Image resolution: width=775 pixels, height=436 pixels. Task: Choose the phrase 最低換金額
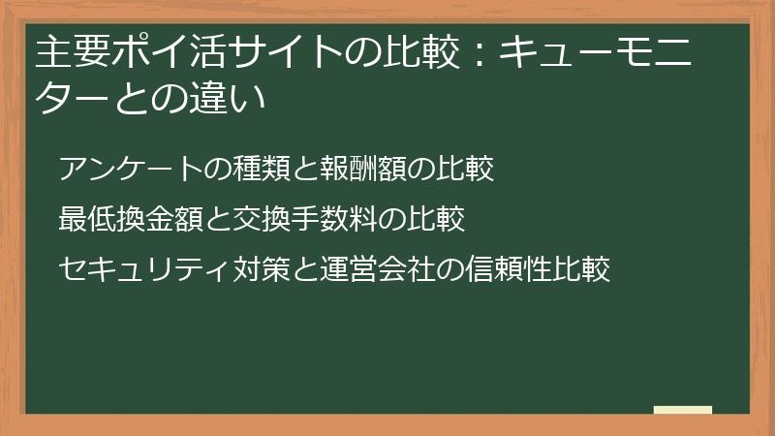120,219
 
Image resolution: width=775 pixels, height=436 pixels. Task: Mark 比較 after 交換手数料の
433,219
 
